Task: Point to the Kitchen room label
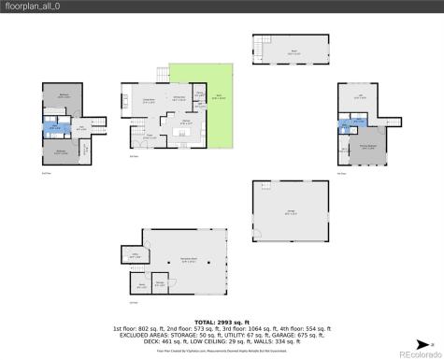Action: click(186, 121)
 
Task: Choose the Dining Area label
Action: click(178, 97)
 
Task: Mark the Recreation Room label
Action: click(188, 261)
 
